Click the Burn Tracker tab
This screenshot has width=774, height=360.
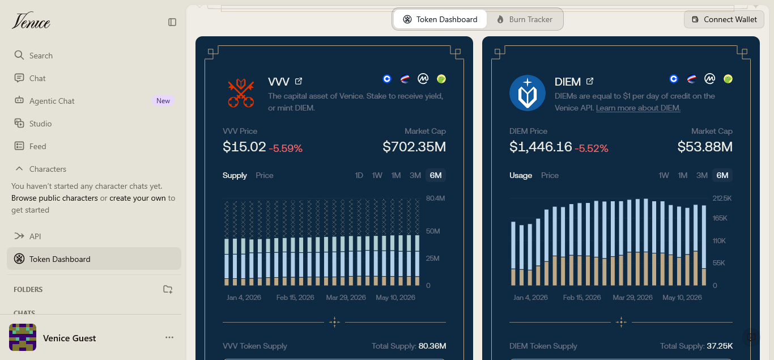525,19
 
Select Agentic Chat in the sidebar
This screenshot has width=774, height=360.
52,101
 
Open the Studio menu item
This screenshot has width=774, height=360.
40,124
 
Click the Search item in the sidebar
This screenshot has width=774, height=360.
41,56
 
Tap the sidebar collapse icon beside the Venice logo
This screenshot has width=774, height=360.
172,22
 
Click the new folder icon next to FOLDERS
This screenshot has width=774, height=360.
168,289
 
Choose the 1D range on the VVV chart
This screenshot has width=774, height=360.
359,175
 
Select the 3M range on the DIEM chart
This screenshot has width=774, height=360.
702,175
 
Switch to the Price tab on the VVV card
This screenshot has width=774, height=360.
265,175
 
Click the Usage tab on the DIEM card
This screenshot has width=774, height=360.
520,175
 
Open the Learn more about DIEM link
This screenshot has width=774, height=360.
638,108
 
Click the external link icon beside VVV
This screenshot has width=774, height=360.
299,81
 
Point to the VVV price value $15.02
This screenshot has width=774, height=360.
244,147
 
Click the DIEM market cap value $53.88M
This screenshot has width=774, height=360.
705,147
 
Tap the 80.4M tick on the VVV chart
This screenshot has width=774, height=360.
435,198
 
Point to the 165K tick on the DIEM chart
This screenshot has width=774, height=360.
720,218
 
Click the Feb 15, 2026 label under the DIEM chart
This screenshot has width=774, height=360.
582,298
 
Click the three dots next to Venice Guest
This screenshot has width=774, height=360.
169,337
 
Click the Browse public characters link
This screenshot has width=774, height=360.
54,198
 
